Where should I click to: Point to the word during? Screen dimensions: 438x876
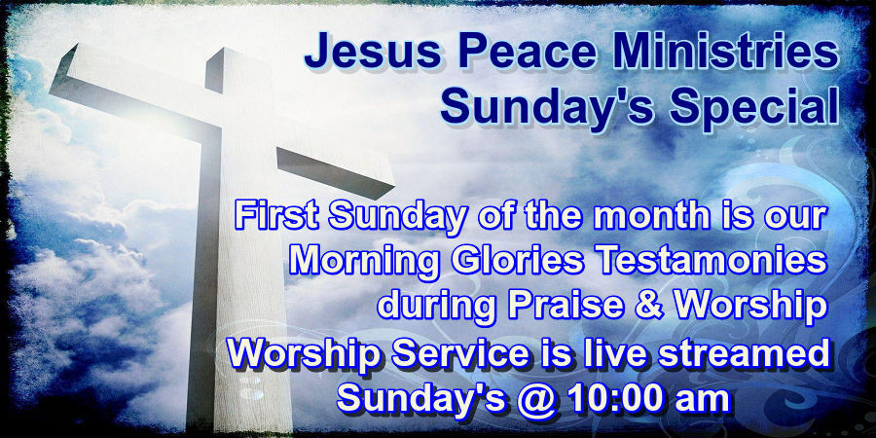(432, 304)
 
